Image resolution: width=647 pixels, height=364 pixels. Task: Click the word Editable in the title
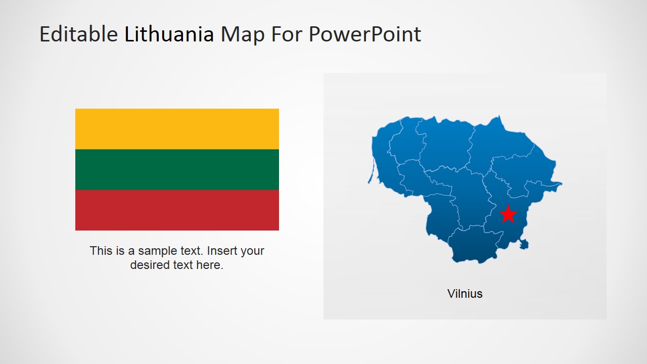[x=78, y=34]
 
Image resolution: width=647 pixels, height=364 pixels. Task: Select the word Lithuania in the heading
[x=169, y=34]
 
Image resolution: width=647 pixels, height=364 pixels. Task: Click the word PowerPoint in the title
[x=365, y=34]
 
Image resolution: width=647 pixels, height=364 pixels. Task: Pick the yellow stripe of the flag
[x=177, y=129]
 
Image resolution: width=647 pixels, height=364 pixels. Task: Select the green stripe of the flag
[x=177, y=169]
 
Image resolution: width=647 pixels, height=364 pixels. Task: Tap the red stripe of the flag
[x=177, y=210]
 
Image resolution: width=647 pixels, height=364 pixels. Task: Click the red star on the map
[x=508, y=214]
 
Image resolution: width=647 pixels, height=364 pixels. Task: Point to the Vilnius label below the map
[x=465, y=294]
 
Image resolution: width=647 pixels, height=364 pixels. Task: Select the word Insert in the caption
[x=222, y=251]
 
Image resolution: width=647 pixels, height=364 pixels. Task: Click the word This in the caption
[x=101, y=251]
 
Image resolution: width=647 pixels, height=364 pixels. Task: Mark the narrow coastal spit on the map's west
[x=371, y=172]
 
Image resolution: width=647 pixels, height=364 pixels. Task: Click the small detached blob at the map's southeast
[x=524, y=245]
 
